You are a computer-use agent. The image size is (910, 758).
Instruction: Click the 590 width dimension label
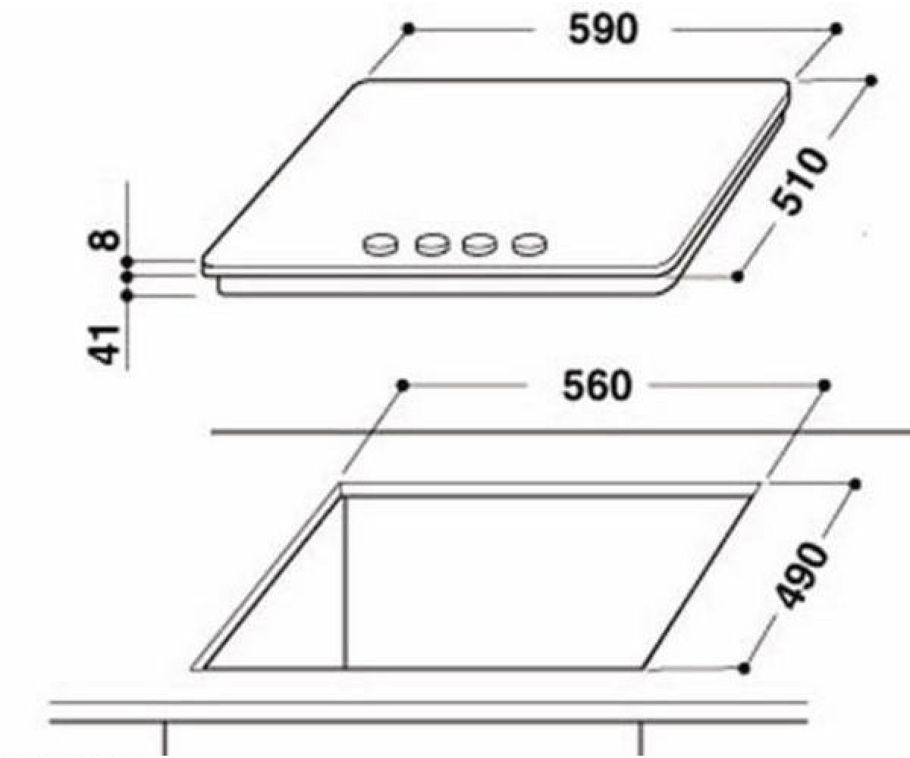(603, 30)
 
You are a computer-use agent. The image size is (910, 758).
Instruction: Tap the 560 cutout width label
(597, 386)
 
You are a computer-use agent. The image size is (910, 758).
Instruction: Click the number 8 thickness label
(105, 240)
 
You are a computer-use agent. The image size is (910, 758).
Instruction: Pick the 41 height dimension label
(105, 344)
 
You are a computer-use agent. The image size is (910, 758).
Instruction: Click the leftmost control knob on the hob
(381, 246)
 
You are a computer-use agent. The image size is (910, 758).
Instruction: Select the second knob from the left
(432, 246)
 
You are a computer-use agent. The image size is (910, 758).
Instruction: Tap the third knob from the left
(479, 246)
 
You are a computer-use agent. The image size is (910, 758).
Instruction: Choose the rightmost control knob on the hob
(529, 246)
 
